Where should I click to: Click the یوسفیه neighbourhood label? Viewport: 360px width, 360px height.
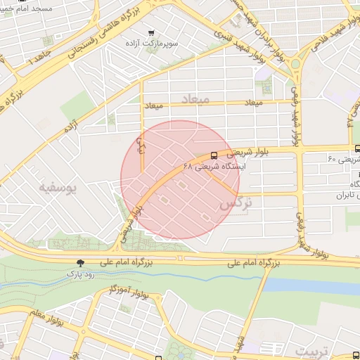[57, 188]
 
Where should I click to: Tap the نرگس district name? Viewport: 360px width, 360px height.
[236, 204]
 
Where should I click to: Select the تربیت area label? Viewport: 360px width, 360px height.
[311, 349]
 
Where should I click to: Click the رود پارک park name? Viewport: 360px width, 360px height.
[86, 273]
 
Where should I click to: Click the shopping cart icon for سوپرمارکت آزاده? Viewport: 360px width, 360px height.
[151, 32]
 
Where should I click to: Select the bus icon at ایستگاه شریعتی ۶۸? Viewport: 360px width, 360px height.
[214, 155]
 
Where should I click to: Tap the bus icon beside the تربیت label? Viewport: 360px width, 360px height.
[355, 356]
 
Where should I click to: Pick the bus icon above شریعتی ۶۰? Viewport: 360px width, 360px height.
[358, 148]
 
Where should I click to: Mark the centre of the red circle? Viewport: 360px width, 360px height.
[180, 180]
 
